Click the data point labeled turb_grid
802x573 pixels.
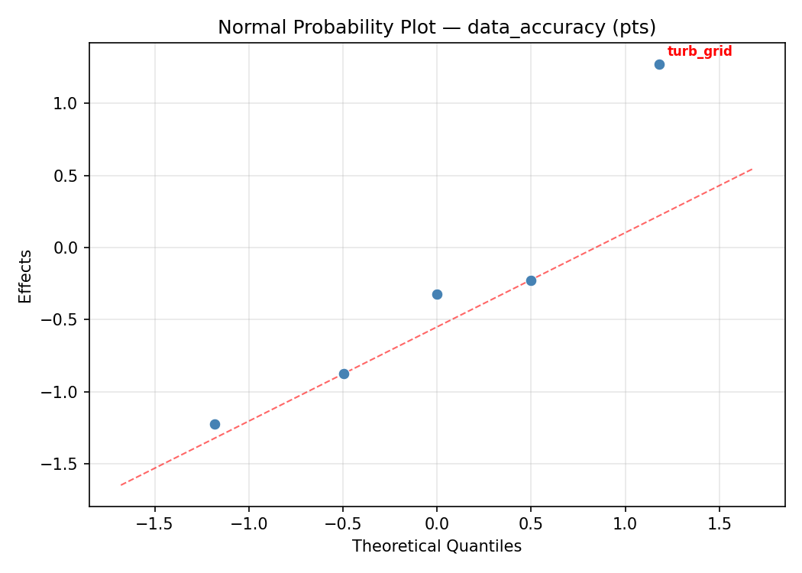(659, 64)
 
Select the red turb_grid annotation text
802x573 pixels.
(700, 52)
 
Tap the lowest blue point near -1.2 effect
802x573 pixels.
(215, 424)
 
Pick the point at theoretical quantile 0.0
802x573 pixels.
(437, 294)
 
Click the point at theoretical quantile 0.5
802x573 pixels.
(531, 280)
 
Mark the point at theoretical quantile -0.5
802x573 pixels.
(344, 374)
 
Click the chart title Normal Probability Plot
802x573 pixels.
(437, 28)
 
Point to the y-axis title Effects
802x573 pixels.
(26, 276)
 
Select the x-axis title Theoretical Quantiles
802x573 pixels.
(437, 547)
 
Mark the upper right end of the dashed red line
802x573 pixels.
(753, 168)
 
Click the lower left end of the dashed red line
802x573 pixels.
(121, 485)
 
